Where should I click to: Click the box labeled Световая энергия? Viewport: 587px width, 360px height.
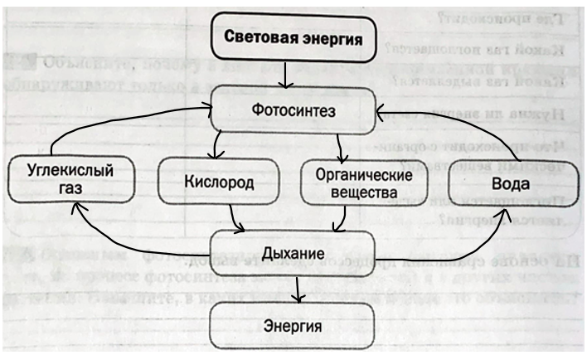point(289,39)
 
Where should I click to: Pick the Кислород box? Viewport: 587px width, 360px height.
point(219,180)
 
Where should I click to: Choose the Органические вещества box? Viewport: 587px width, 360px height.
point(342,183)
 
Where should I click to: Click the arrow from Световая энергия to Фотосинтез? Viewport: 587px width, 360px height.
point(284,75)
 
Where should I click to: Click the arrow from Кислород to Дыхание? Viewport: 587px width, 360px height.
point(235,217)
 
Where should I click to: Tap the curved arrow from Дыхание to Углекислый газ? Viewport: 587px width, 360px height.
point(124,240)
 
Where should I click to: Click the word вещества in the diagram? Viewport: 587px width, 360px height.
point(342,192)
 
